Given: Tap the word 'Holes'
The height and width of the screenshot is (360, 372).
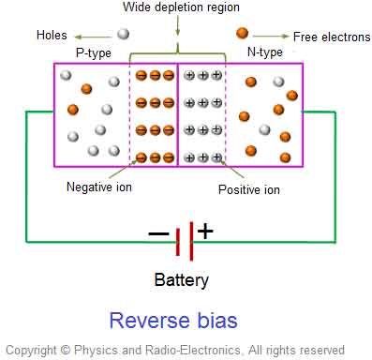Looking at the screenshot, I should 52,35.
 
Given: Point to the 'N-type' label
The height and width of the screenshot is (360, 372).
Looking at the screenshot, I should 265,52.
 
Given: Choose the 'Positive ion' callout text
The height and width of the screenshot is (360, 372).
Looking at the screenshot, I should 248,189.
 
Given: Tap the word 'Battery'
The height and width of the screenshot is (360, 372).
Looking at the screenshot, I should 182,279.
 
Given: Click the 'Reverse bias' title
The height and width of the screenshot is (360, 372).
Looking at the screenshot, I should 173,320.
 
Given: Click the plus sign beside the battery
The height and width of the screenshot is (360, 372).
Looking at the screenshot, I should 204,232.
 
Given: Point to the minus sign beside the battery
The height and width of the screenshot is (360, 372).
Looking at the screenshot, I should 158,233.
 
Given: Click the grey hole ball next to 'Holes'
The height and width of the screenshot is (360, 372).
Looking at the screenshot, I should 123,34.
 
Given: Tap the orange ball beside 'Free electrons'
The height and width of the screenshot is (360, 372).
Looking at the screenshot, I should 242,34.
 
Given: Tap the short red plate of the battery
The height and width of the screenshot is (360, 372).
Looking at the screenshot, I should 179,241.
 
